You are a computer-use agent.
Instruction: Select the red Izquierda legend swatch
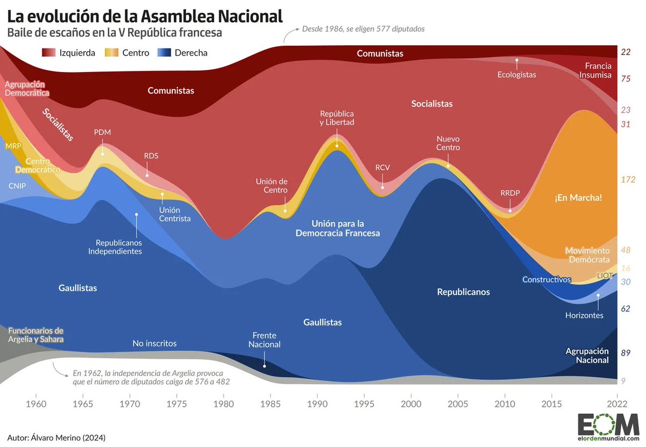pos(50,53)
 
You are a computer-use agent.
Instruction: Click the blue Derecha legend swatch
pos(164,53)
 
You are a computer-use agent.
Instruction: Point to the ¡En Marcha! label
pos(578,197)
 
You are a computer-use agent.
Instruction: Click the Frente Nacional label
pos(264,339)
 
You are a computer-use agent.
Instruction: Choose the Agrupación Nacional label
pos(587,355)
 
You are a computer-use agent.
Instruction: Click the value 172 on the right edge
pos(628,180)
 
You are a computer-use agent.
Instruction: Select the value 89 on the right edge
pos(626,353)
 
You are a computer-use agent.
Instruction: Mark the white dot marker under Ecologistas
pos(517,61)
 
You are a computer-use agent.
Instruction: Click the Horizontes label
pos(584,315)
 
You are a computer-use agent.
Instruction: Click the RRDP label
pos(510,193)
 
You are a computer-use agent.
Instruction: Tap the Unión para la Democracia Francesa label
pos(338,228)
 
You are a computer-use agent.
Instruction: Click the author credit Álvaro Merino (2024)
pos(57,437)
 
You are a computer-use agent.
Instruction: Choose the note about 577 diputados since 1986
pos(363,29)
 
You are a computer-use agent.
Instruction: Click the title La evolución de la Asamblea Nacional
pos(145,16)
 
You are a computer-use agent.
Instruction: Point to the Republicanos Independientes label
pos(115,247)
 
